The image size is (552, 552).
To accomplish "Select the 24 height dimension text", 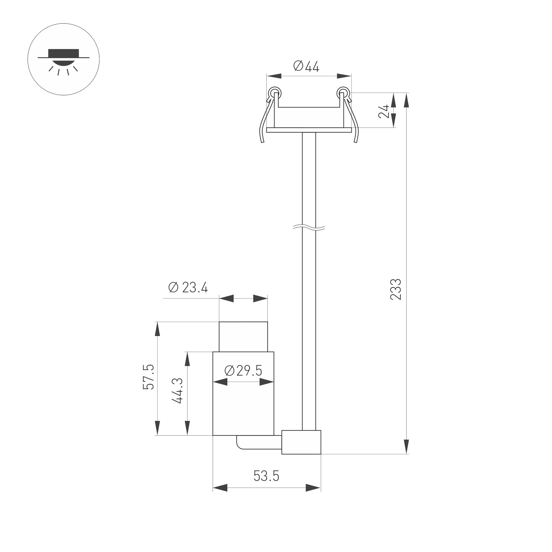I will point(384,111).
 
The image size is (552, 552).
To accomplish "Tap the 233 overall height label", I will point(395,290).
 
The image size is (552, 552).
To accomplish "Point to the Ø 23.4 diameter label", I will point(188,287).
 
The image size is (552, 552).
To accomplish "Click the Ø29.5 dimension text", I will point(243,371).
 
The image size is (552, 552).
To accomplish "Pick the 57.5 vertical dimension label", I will point(149,377).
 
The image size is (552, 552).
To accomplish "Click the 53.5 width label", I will point(266,476).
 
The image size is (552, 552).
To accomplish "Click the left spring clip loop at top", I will point(275,93).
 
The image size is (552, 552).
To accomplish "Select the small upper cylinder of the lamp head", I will point(243,337).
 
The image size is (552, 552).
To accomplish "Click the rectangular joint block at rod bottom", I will point(301,442).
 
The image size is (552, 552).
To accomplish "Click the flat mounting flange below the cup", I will point(309,130).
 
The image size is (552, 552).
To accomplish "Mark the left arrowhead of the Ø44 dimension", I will point(274,76).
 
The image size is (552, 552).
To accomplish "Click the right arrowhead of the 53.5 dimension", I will point(313,488).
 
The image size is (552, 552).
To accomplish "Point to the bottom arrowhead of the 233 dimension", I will point(407,447).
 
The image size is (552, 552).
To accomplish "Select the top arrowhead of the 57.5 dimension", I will point(157,329).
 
